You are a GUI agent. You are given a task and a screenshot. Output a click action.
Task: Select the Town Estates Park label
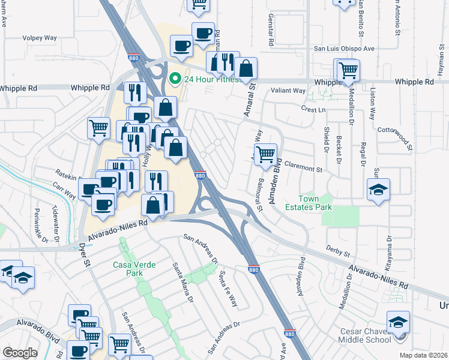coord(316,204)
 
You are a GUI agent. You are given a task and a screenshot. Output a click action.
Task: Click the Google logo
coord(20,353)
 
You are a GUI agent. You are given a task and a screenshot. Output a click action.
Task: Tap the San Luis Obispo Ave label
coord(344,49)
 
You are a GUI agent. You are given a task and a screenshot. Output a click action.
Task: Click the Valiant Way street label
coord(288,91)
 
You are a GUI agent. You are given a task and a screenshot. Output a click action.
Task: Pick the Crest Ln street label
coord(313,110)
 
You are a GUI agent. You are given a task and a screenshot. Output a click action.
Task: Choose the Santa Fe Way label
coord(228,288)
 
